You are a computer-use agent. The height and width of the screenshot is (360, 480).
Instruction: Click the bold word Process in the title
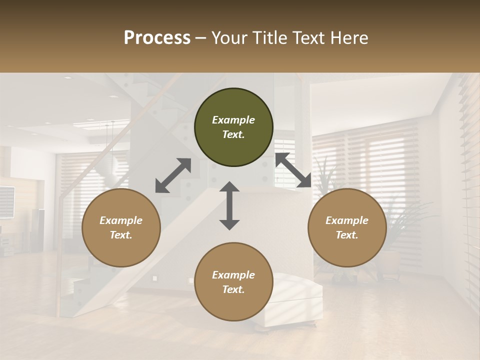pyautogui.click(x=157, y=38)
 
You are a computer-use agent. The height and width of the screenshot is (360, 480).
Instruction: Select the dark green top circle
pyautogui.click(x=233, y=127)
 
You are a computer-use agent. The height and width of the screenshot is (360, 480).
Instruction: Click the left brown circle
pyautogui.click(x=121, y=228)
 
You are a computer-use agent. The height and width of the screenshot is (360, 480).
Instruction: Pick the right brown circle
pyautogui.click(x=347, y=228)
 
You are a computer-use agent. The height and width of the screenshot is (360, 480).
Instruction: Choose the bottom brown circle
pyautogui.click(x=233, y=282)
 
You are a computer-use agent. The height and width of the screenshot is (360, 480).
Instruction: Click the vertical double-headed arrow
pyautogui.click(x=229, y=205)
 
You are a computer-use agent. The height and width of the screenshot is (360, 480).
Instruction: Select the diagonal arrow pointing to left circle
pyautogui.click(x=173, y=175)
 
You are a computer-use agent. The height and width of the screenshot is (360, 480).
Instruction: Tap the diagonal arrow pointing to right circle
pyautogui.click(x=293, y=170)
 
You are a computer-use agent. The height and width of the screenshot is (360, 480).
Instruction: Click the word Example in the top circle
pyautogui.click(x=233, y=120)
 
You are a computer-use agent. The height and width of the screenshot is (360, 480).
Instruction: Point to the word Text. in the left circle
pyautogui.click(x=121, y=235)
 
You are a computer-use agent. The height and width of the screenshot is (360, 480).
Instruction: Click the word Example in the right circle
pyautogui.click(x=347, y=220)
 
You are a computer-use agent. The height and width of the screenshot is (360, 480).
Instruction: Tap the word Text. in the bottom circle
pyautogui.click(x=233, y=289)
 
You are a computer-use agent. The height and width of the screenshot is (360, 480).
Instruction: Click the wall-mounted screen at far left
pyautogui.click(x=6, y=201)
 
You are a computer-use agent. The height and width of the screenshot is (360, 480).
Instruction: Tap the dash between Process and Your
pyautogui.click(x=200, y=38)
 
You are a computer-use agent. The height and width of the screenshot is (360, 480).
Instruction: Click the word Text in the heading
pyautogui.click(x=306, y=38)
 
